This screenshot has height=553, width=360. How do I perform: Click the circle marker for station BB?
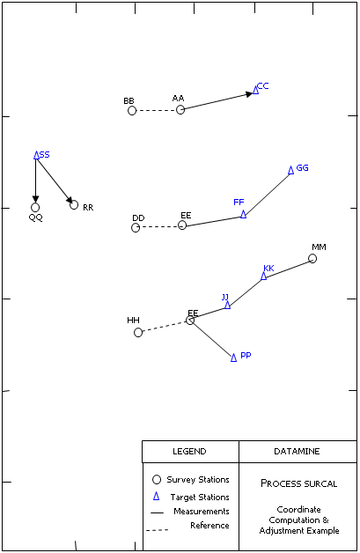tap(132, 111)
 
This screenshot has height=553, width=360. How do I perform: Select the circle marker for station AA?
tap(180, 110)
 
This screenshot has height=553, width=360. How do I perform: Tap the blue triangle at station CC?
tap(255, 90)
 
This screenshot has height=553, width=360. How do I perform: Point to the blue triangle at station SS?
tap(36, 155)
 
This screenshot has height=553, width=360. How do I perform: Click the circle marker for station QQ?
tap(35, 208)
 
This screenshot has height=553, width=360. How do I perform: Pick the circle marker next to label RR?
tap(74, 204)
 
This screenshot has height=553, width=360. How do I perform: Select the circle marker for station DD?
tap(136, 228)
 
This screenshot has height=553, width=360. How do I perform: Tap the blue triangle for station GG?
tap(290, 170)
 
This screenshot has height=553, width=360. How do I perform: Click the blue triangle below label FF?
tap(243, 214)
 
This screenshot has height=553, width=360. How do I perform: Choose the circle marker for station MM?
tap(312, 259)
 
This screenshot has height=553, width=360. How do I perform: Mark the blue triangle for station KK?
tap(264, 276)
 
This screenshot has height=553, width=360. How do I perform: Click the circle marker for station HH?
tap(138, 333)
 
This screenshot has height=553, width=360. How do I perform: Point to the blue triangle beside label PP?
tap(233, 358)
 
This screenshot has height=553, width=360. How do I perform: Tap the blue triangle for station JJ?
tap(227, 305)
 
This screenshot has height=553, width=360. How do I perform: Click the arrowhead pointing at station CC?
tap(249, 94)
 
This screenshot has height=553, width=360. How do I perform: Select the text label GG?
tap(302, 168)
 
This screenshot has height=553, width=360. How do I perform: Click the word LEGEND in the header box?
tap(189, 452)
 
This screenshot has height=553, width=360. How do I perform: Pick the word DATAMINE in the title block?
tap(297, 452)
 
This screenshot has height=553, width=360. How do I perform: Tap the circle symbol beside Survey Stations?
tap(157, 480)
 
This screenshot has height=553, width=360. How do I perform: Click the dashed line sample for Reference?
tap(158, 530)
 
